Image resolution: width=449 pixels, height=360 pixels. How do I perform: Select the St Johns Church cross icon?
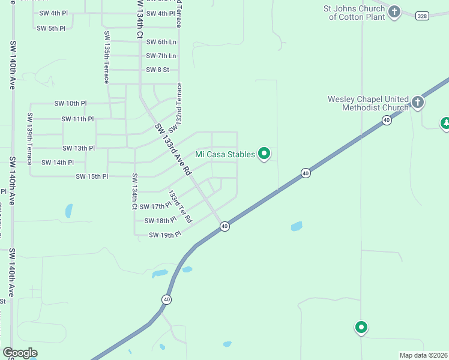(394, 11)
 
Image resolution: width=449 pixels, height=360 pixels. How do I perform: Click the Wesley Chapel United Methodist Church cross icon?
(418, 103)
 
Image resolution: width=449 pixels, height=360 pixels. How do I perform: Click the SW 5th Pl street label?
(51, 28)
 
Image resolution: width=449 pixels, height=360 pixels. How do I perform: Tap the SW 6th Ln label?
(161, 42)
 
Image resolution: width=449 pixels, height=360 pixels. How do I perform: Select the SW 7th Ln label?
(161, 56)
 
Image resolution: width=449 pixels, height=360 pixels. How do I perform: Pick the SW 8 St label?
(157, 70)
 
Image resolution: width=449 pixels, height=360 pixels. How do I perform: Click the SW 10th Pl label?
(70, 103)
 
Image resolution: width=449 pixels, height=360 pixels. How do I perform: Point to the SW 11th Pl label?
(77, 119)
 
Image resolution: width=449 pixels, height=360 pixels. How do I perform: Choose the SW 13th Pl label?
(79, 148)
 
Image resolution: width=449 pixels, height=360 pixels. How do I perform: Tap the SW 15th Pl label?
(92, 176)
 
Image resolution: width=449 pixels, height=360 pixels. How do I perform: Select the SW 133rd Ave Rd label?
(173, 150)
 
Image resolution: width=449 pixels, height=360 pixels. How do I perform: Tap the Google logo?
(20, 353)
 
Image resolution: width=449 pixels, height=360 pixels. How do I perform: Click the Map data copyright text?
(423, 355)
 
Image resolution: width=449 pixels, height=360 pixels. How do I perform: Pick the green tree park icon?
(445, 124)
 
